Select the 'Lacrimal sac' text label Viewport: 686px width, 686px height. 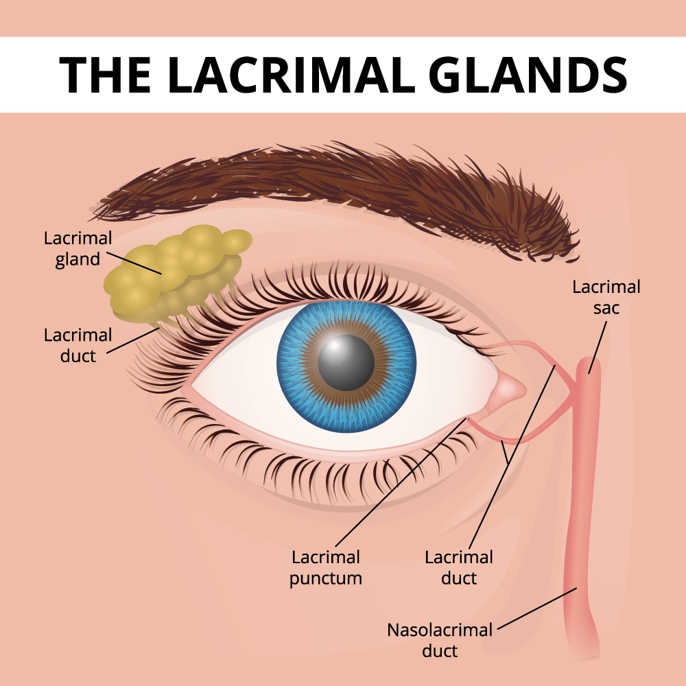[606, 297]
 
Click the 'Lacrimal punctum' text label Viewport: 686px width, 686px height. [325, 567]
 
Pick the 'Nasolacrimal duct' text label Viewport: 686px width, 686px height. [439, 639]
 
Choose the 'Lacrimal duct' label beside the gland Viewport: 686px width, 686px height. [78, 345]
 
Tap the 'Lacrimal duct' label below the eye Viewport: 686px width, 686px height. [459, 567]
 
